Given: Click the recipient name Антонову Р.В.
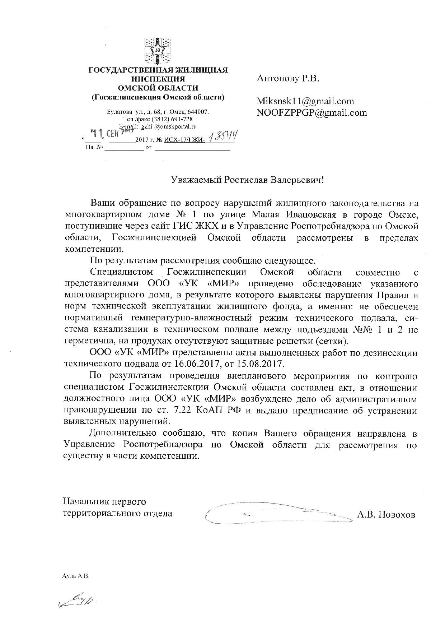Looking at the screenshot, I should pyautogui.click(x=288, y=79).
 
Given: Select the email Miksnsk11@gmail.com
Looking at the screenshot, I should pyautogui.click(x=305, y=101).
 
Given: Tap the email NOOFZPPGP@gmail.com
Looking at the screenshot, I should pyautogui.click(x=311, y=113).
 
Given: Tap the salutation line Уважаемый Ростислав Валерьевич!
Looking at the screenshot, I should pyautogui.click(x=247, y=180).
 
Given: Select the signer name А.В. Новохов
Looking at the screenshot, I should pyautogui.click(x=386, y=515).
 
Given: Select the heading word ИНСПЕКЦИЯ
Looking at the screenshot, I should pyautogui.click(x=158, y=79).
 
